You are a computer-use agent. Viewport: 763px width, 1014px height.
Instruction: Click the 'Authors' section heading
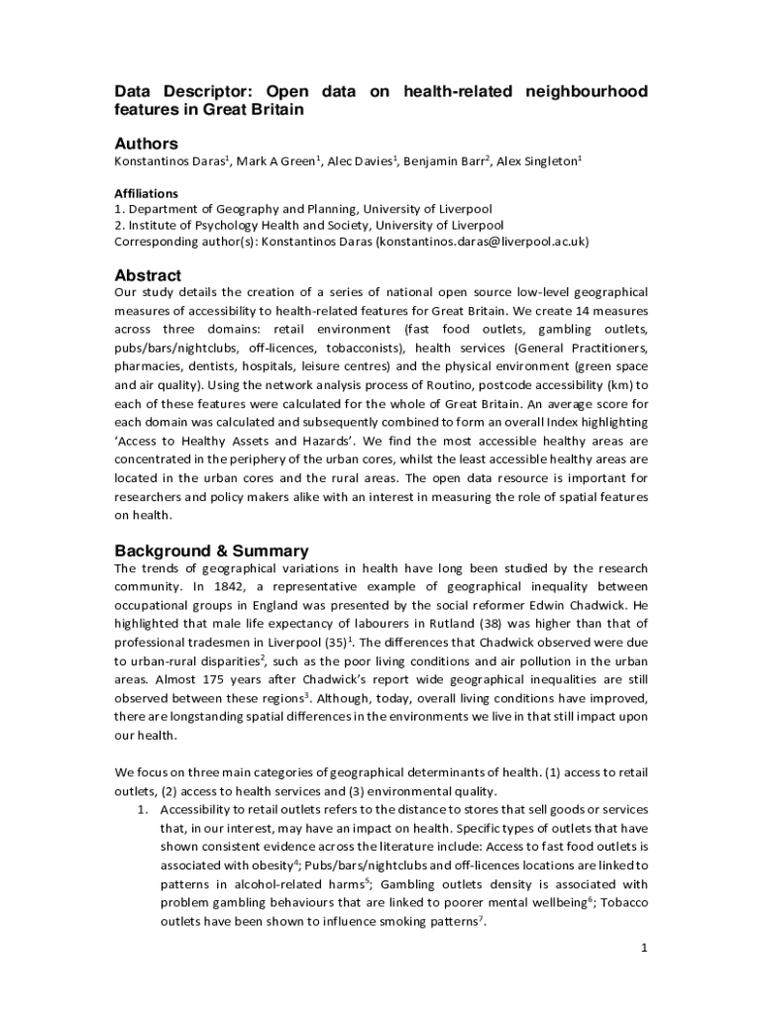[x=147, y=144]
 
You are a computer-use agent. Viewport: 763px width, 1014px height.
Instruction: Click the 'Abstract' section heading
[x=148, y=275]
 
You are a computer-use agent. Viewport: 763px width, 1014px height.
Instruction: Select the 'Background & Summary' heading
[x=212, y=551]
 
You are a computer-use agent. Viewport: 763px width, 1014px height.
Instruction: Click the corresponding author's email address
[x=482, y=241]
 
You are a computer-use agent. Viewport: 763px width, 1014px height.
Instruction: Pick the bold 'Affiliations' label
[x=147, y=193]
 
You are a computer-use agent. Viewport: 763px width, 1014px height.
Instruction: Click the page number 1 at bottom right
[x=644, y=948]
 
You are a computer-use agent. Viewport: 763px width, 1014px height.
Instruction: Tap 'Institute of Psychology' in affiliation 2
[x=194, y=225]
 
